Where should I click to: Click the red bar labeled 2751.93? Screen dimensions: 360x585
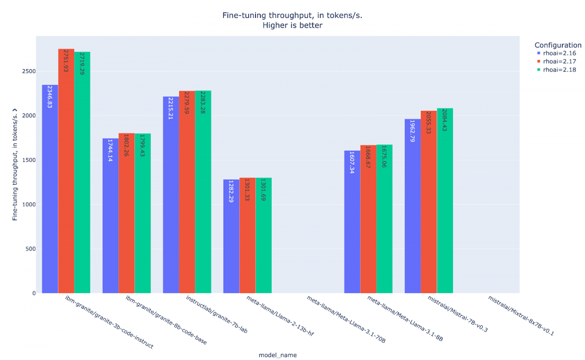click(66, 171)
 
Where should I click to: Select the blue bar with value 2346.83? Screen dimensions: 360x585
click(50, 189)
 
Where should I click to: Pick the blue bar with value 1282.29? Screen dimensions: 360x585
click(231, 236)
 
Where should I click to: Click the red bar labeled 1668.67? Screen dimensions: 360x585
click(368, 219)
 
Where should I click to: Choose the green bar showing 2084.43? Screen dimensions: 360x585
click(445, 201)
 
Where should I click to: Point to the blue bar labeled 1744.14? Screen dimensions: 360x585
click(110, 216)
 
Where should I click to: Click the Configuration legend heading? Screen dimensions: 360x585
click(558, 45)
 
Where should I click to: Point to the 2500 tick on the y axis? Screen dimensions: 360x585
click(29, 71)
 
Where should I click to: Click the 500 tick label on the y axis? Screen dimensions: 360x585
click(30, 249)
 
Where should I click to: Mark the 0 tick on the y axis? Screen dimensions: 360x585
click(34, 293)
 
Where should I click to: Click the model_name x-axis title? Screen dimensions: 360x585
click(277, 355)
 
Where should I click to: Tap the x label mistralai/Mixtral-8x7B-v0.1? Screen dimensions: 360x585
click(521, 316)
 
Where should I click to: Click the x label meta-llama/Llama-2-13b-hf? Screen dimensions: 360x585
click(280, 316)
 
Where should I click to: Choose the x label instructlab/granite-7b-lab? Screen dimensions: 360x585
click(217, 314)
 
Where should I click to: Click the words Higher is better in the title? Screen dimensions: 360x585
click(292, 25)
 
